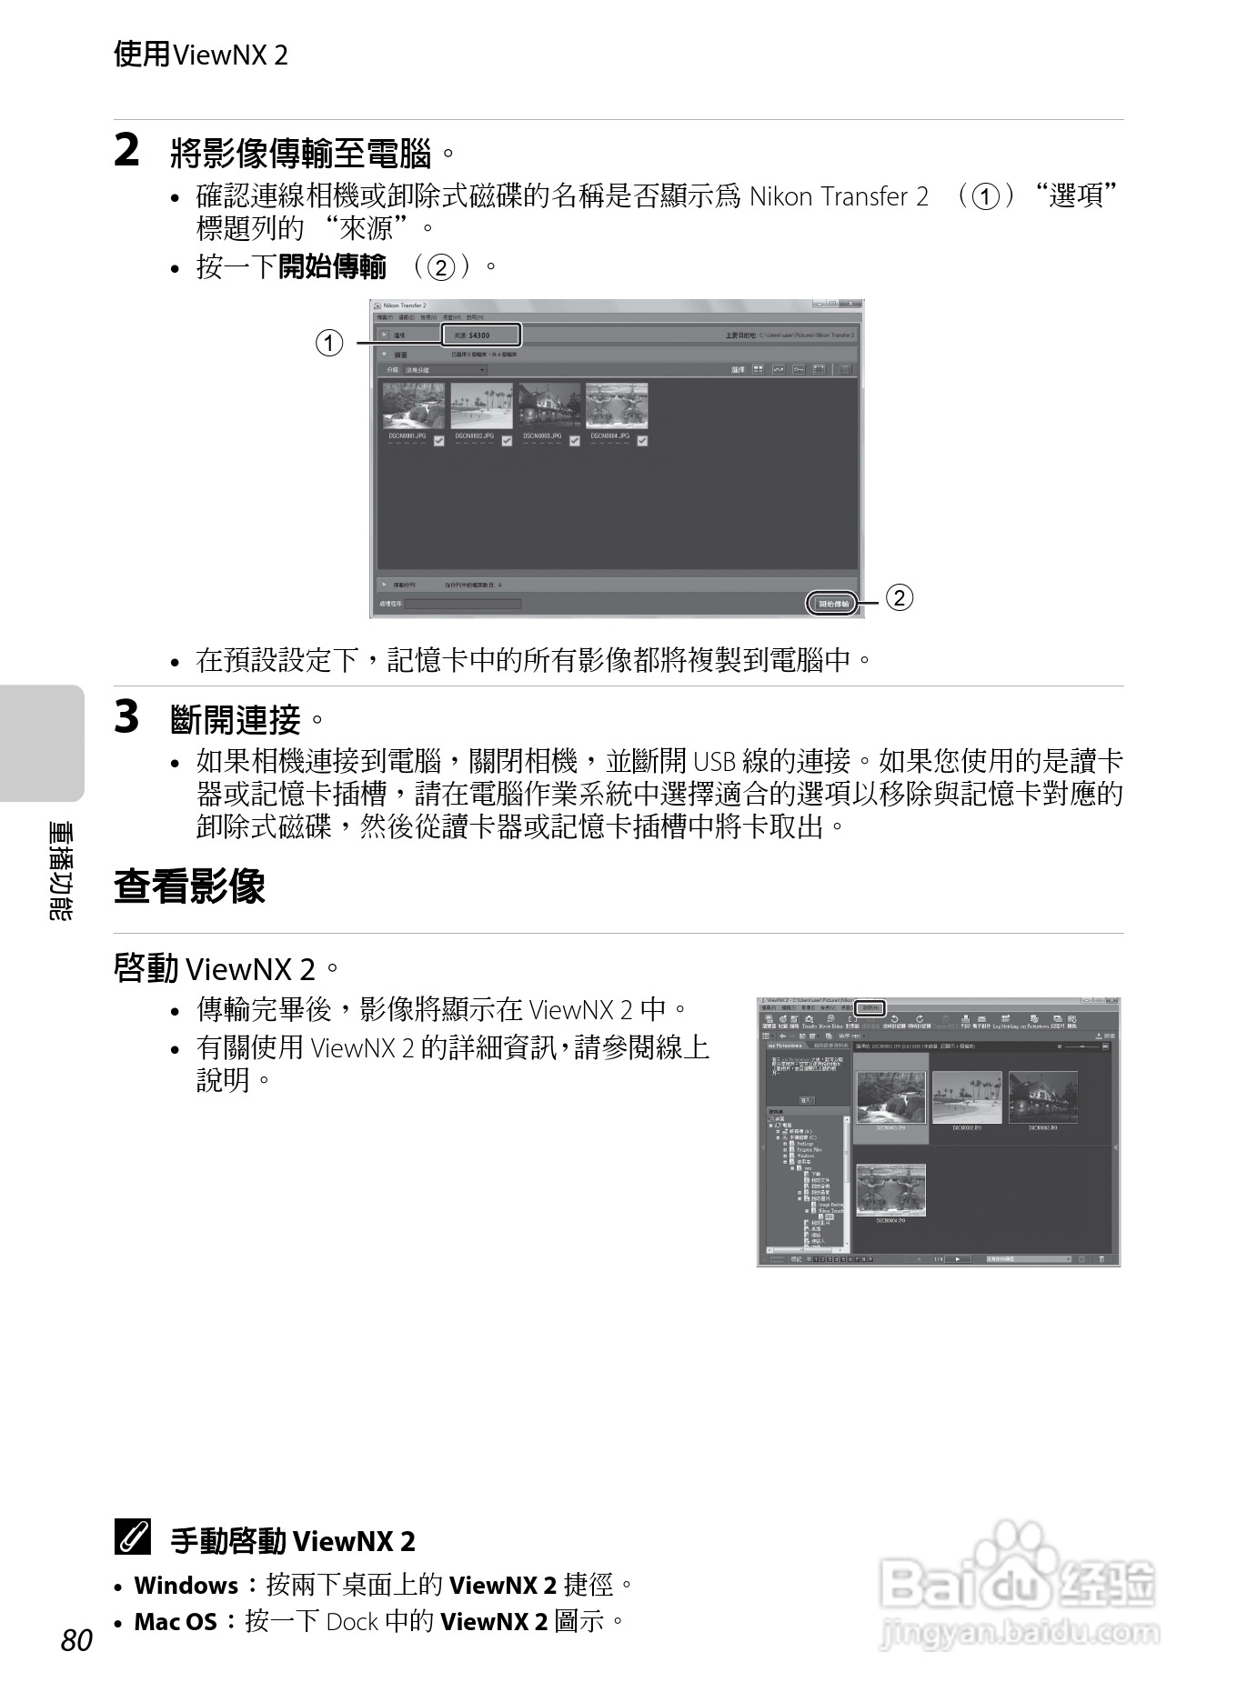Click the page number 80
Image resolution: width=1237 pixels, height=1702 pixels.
click(77, 1640)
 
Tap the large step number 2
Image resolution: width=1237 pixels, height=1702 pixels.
click(127, 150)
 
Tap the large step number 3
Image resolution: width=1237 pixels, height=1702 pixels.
click(127, 716)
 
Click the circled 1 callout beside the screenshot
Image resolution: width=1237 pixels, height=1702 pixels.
click(329, 343)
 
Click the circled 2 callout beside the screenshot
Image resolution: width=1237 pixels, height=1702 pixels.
click(899, 597)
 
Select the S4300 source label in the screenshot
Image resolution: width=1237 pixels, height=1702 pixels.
click(480, 335)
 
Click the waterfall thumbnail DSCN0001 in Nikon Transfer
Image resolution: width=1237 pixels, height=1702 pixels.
click(414, 405)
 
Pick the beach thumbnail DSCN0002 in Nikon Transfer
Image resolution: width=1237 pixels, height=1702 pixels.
click(481, 405)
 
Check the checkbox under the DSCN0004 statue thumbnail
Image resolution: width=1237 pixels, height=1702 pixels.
click(642, 441)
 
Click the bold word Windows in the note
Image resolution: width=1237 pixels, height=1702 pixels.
click(186, 1586)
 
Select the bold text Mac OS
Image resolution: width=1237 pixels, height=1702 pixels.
click(176, 1622)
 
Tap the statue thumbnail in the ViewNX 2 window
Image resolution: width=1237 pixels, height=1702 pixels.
click(890, 1189)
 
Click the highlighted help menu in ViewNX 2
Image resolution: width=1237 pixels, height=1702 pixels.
click(870, 1007)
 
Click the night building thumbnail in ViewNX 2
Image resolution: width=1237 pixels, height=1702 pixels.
click(1042, 1097)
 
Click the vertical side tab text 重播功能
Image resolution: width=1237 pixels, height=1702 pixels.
click(60, 871)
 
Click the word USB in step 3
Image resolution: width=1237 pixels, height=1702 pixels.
click(714, 761)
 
